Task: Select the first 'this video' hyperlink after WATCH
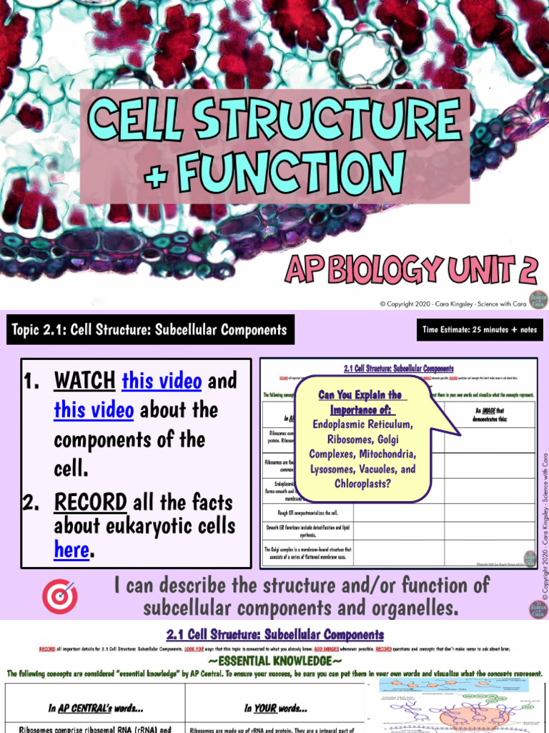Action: pos(162,381)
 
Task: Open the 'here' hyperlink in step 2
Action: pos(71,550)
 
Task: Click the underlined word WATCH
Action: pos(84,381)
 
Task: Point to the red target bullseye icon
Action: pos(60,597)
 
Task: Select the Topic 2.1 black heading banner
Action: pos(149,330)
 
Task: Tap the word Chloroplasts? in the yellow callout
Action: pos(364,484)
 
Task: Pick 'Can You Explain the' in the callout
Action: pos(360,395)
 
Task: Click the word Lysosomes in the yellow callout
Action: pos(336,470)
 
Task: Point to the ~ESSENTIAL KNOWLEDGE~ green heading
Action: pos(274,661)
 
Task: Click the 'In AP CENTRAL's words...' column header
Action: pos(95,708)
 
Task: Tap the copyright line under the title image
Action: pos(452,304)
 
